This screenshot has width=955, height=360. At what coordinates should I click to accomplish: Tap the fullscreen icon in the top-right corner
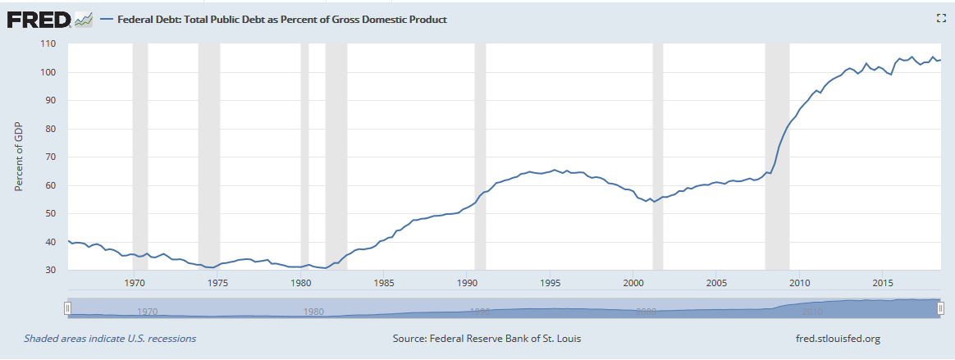point(941,19)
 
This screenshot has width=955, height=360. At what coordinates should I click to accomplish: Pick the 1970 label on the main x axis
point(134,284)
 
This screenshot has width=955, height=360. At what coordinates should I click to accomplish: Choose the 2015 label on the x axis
point(883,284)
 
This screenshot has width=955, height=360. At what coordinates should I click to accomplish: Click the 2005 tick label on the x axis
point(717,284)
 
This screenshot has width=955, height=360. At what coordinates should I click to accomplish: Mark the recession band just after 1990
point(480,156)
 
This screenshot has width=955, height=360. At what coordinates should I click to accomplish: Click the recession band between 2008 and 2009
point(777,156)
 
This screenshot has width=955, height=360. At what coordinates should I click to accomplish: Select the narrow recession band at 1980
point(304,156)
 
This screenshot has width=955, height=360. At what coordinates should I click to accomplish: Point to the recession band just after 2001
point(657,156)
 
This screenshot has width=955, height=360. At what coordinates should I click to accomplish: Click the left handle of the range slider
point(68,308)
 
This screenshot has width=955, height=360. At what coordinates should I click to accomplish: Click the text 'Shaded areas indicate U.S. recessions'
point(110,338)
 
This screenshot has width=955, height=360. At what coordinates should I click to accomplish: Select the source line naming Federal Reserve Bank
point(487,338)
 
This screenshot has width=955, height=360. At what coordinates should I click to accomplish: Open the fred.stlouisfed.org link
point(832,338)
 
